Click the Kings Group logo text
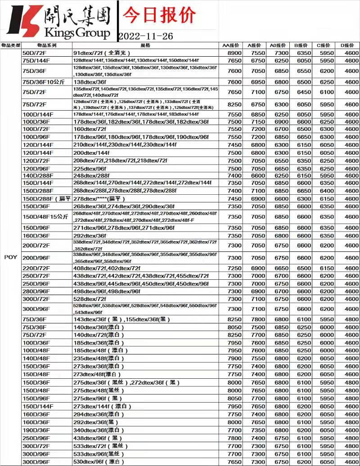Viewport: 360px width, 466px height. (x=77, y=33)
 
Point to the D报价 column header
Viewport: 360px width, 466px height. (x=347, y=45)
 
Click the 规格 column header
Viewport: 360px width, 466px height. (x=145, y=45)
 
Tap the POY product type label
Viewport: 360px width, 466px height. (x=10, y=257)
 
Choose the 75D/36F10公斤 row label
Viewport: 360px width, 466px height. (x=44, y=82)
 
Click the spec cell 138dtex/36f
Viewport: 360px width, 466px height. (x=90, y=82)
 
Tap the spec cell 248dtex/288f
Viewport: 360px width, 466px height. (x=91, y=175)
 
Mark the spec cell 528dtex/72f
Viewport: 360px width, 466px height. (x=90, y=299)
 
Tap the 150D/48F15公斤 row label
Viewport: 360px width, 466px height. (x=45, y=216)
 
